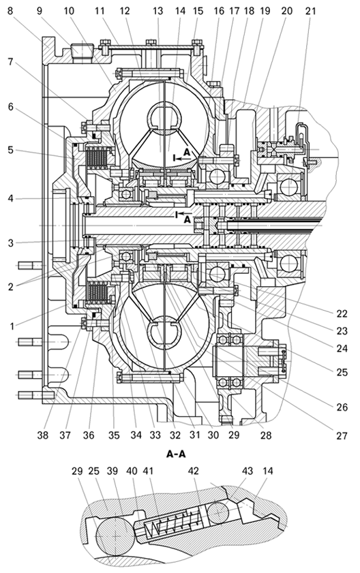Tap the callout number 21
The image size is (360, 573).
point(310,11)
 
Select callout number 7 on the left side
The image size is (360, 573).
point(11,62)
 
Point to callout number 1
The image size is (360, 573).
point(12,326)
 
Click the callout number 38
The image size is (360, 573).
point(43,435)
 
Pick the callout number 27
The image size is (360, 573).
point(342,435)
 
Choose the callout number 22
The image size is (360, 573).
point(342,313)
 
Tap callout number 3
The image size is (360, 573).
point(11,243)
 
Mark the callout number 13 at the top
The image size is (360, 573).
point(157,11)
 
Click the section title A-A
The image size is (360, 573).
point(176,454)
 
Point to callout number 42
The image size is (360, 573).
point(193,471)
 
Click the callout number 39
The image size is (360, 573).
point(112,471)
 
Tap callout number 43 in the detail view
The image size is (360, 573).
point(247,471)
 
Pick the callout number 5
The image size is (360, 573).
point(11,150)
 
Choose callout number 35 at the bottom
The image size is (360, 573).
point(114,435)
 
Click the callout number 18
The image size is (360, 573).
point(249,11)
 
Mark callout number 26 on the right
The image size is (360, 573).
point(342,407)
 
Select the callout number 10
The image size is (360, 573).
point(68,11)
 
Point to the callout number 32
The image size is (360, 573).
point(175,435)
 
